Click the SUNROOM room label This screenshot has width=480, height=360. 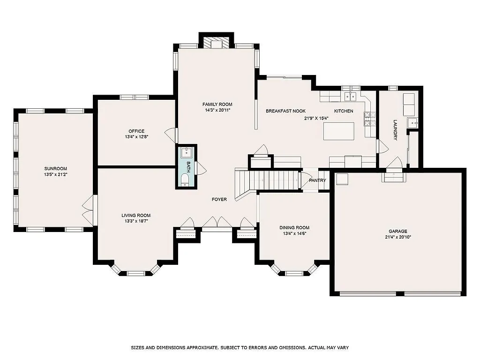[56, 169]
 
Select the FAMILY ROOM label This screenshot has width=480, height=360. [217, 104]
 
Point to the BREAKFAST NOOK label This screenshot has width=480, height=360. [285, 111]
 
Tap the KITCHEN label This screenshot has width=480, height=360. [344, 111]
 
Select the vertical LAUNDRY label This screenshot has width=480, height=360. [395, 130]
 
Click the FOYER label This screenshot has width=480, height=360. [219, 200]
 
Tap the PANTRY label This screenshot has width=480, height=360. [317, 180]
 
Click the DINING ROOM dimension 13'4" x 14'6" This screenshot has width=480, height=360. [294, 233]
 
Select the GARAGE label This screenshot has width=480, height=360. [397, 231]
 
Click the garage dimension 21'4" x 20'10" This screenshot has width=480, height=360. [397, 237]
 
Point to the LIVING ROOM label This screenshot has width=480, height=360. [136, 216]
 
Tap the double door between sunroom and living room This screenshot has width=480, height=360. [87, 210]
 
